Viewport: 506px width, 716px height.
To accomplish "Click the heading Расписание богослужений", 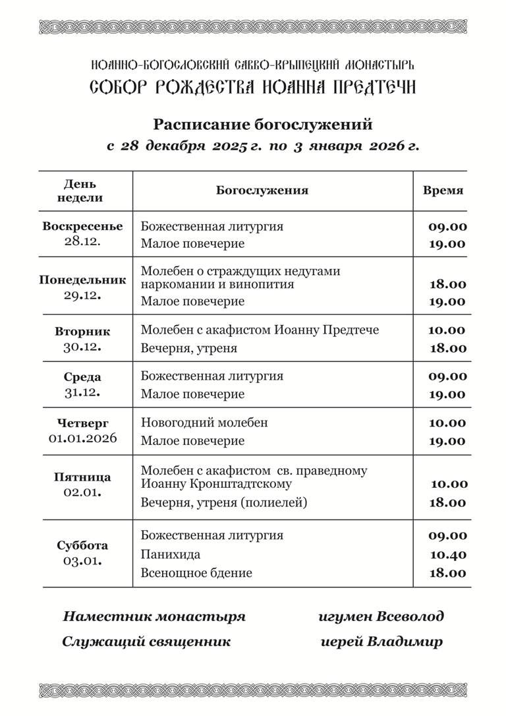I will coord(263,124).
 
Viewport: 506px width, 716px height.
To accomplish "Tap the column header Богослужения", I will coord(262,191).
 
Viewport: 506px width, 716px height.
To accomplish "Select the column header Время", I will coord(443,191).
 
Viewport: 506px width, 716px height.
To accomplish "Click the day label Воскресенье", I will coord(82,226).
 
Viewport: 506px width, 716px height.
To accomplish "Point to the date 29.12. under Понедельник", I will coord(82,295).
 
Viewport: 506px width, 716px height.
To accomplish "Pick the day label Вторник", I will coord(82,332).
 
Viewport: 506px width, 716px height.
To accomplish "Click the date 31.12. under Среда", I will coord(82,393).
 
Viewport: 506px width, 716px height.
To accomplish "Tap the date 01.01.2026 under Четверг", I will coord(82,438).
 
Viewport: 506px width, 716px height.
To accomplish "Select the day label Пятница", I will coord(82,477).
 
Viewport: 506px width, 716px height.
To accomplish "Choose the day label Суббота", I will coord(82,545).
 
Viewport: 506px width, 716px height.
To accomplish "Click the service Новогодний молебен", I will coord(204,423).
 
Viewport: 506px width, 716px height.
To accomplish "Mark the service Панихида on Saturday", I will coord(171,554).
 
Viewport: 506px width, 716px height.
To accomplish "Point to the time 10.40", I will coord(448,554).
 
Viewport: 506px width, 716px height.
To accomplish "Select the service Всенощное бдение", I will coord(196,573).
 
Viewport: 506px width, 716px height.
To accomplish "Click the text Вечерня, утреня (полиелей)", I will coord(225,502).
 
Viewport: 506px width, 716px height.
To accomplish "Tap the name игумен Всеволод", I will coord(381,616).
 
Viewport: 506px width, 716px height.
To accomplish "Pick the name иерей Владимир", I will coord(381,641).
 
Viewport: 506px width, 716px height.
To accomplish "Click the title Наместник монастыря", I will coord(154,616).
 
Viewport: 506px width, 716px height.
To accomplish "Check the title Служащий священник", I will coord(146,641).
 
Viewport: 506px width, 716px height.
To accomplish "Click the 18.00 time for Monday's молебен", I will coord(448,285).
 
